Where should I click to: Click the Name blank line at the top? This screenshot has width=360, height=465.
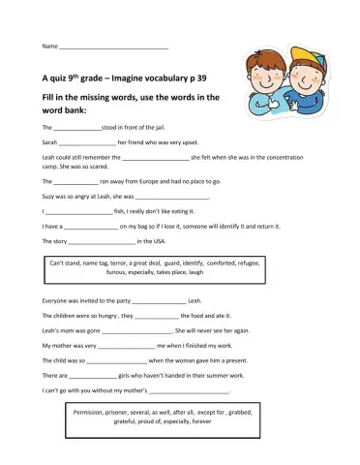click(113, 46)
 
